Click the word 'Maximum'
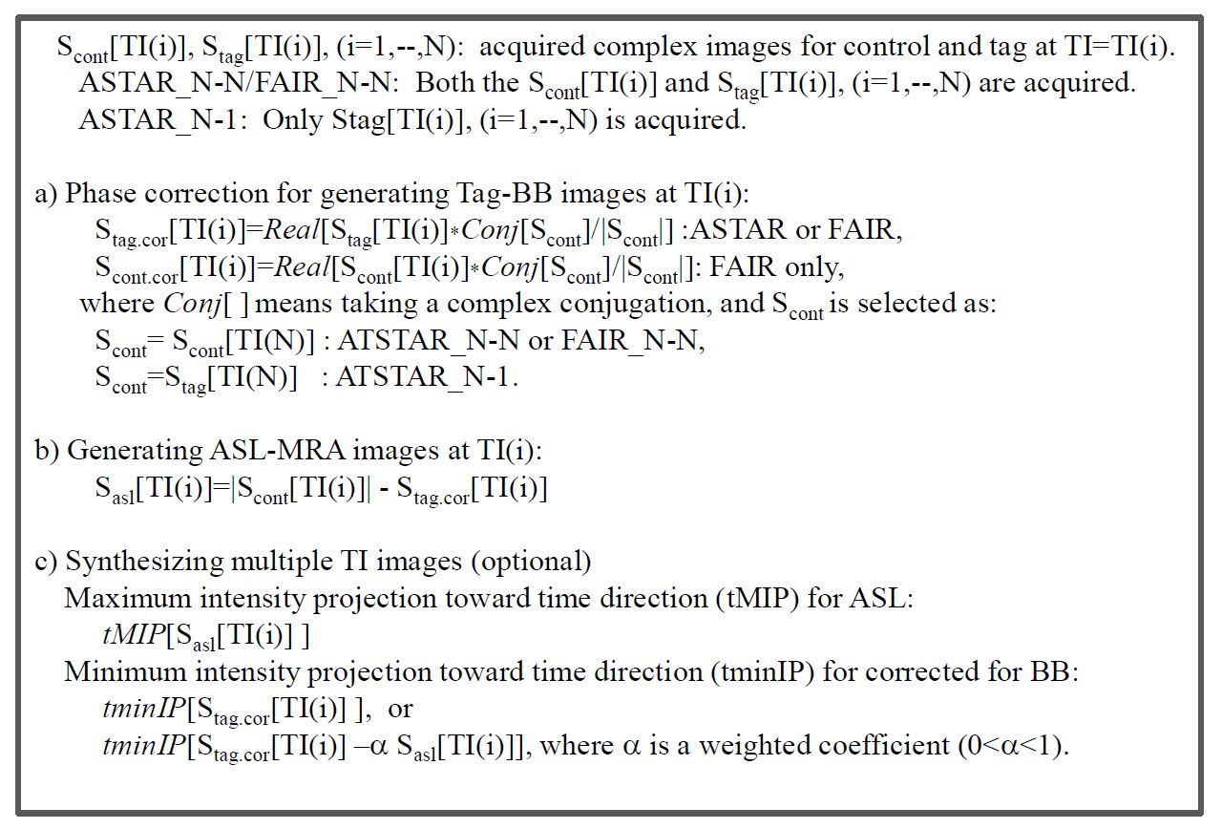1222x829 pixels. tap(127, 599)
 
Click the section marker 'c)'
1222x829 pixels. tap(46, 561)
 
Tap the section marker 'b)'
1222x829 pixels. tap(48, 450)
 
